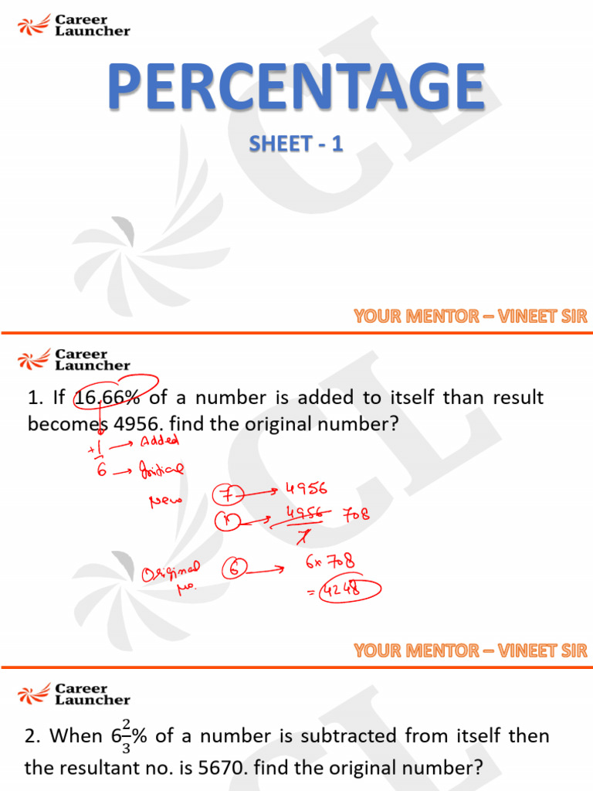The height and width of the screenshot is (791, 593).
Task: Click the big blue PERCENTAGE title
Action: pos(296,87)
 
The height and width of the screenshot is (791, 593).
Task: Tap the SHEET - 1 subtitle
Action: pos(296,144)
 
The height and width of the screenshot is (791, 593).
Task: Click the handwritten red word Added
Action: pos(159,441)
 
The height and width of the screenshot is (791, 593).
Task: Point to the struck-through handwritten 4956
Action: pos(303,512)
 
